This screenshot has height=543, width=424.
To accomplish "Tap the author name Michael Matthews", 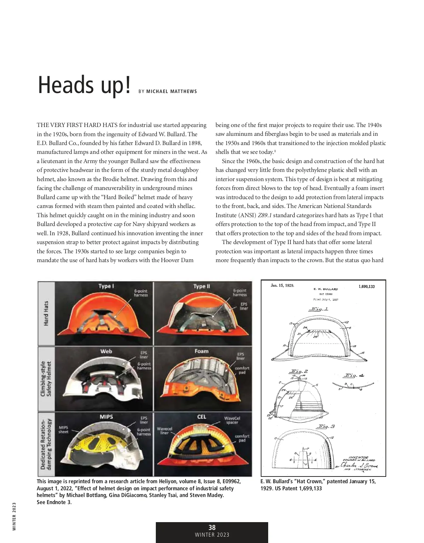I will point(171,92).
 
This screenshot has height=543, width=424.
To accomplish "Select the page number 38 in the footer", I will point(212,527).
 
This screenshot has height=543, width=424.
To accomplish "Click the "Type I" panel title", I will point(106,286).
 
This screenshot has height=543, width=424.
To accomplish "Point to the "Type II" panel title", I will point(201,286).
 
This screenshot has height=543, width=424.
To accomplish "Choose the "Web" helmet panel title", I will point(106,351).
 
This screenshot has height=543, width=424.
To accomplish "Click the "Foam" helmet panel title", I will point(201,351).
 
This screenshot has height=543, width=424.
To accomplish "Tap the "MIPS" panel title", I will point(106,417).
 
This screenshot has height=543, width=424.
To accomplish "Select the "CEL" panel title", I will point(201,417).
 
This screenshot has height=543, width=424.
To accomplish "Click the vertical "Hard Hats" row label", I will point(46,313).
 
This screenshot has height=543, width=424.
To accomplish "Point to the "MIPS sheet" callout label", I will point(63,429).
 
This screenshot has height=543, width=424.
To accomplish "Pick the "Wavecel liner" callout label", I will point(164,431).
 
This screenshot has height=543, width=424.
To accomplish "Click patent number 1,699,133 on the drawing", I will point(366,287).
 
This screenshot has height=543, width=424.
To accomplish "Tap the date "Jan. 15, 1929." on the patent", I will point(282,285).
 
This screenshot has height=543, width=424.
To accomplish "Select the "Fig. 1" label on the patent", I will point(319,309).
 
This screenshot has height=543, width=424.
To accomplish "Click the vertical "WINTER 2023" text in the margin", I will point(14,516).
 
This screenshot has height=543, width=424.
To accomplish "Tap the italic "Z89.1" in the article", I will point(265,215).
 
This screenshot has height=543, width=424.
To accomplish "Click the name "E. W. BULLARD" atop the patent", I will point(326,289).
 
